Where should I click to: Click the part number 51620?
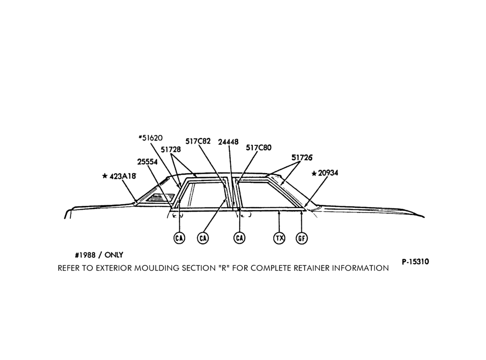(x=152, y=138)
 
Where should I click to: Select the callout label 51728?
(x=171, y=149)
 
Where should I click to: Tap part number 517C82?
(x=198, y=142)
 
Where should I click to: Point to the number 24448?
(x=228, y=142)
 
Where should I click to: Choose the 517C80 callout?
(x=259, y=148)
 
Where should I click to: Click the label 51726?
(x=302, y=158)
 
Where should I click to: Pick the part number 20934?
(x=328, y=173)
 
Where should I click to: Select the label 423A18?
(x=123, y=176)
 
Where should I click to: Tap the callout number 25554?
(x=148, y=162)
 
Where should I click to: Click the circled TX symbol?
(x=279, y=238)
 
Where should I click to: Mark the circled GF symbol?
(x=302, y=238)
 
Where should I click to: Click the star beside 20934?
(x=314, y=173)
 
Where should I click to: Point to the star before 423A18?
(x=105, y=176)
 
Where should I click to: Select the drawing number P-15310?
(x=416, y=262)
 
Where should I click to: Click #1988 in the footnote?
(x=85, y=255)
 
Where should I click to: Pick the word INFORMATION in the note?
(x=360, y=268)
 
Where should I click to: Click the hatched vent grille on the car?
(x=159, y=198)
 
